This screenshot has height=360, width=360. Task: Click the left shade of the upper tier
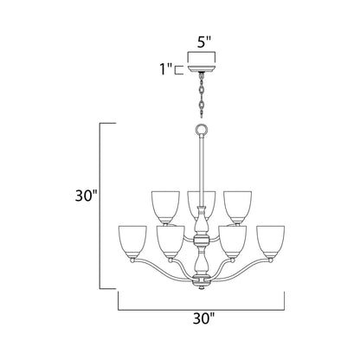click(165, 202)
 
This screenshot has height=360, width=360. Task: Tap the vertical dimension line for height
click(105, 206)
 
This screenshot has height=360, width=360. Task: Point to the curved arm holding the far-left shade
click(147, 270)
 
